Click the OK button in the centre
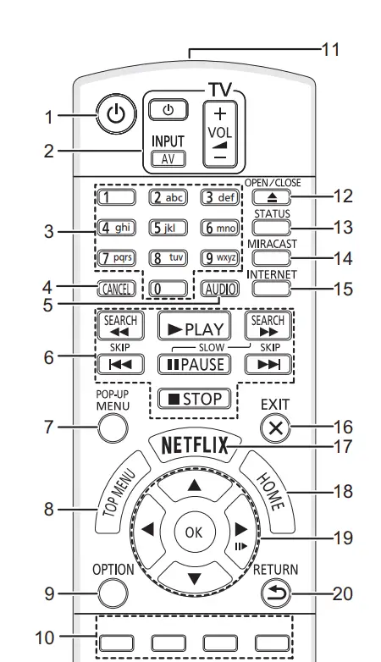point(194,532)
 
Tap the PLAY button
point(195,327)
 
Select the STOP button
point(195,399)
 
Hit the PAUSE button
point(195,364)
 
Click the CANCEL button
point(116,289)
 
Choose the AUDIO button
point(220,289)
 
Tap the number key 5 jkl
point(168,228)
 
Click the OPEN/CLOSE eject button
point(272,196)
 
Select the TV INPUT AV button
point(168,159)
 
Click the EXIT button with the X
point(275,428)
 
